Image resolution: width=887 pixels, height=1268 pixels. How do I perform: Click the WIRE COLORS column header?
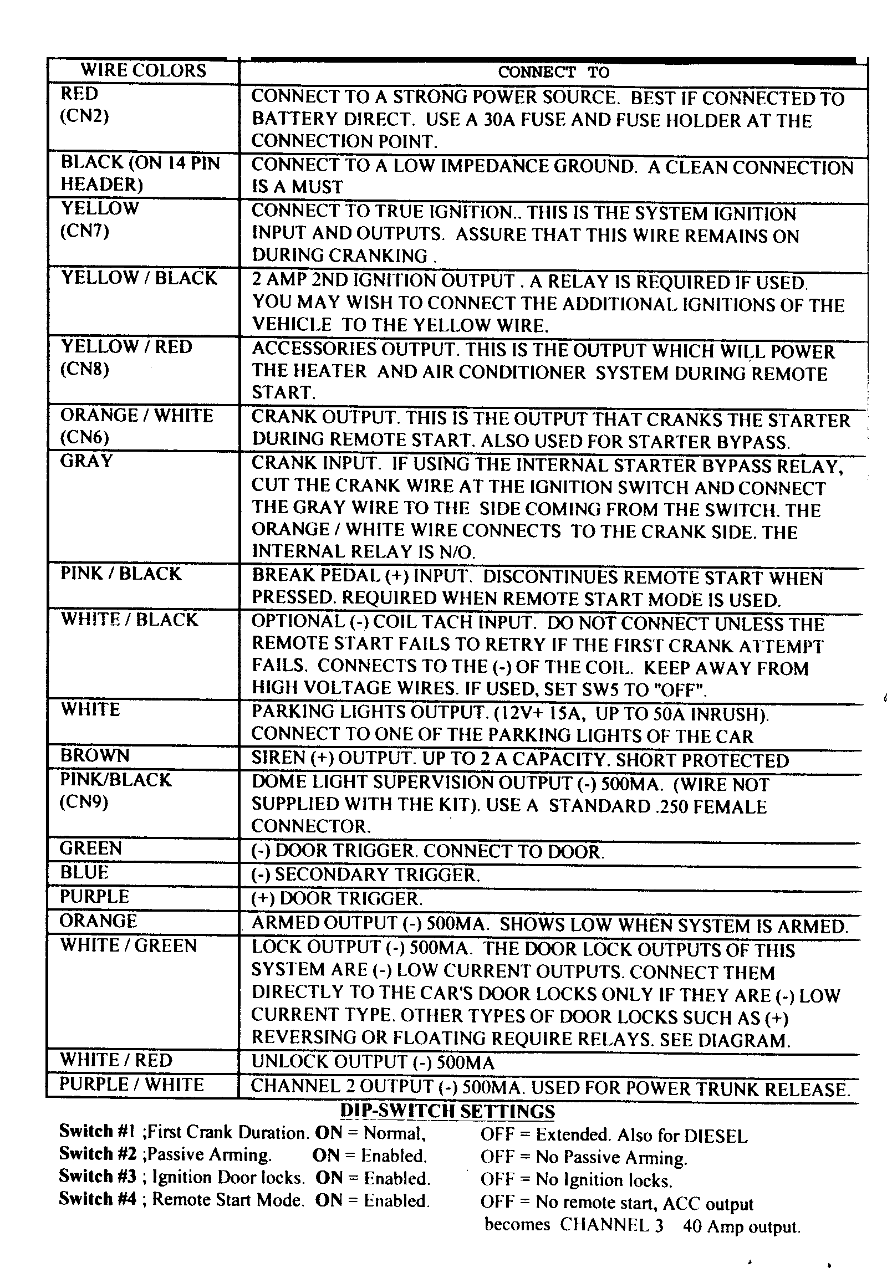(x=143, y=71)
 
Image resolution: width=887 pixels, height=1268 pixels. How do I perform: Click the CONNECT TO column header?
(x=553, y=72)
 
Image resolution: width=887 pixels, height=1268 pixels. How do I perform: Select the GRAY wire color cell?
(x=86, y=461)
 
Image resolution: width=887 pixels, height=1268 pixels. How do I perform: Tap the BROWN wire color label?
(x=95, y=756)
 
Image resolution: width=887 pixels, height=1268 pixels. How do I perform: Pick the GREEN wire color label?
(x=90, y=848)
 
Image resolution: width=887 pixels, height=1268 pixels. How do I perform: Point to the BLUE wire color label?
(x=84, y=873)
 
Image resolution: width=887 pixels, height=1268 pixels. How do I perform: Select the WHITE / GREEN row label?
(x=128, y=945)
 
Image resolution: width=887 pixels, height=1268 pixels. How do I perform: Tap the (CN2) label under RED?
(x=85, y=116)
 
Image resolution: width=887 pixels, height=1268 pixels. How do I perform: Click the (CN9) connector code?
(x=84, y=802)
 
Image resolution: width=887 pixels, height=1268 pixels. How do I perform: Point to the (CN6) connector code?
(x=84, y=438)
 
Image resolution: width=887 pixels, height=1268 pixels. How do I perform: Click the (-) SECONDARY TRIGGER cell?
(x=365, y=875)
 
